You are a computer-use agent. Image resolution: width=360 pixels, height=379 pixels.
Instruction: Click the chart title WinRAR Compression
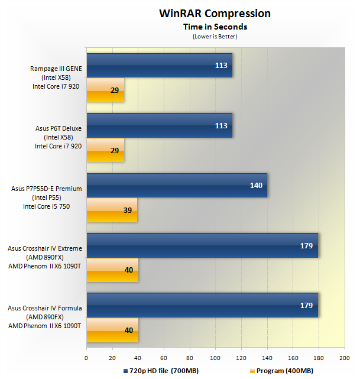(x=215, y=13)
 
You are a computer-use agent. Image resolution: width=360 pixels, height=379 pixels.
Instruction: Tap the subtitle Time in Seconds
(x=215, y=27)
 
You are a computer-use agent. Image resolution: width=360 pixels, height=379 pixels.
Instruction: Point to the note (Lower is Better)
(x=215, y=36)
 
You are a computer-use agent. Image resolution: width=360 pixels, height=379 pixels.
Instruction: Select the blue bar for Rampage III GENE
(x=159, y=66)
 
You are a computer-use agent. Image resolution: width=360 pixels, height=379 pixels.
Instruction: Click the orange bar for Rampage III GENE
(x=105, y=90)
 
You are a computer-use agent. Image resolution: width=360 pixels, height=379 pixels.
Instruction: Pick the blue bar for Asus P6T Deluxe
(x=159, y=125)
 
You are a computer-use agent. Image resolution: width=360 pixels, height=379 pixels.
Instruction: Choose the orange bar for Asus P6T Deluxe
(x=105, y=150)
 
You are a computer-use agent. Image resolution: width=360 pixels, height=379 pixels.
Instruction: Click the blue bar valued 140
(x=177, y=185)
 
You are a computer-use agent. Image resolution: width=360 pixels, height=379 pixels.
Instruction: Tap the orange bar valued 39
(x=112, y=210)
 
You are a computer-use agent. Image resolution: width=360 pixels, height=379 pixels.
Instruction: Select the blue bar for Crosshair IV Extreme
(x=202, y=245)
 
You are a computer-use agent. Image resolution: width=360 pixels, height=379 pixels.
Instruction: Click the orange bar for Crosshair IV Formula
(x=112, y=329)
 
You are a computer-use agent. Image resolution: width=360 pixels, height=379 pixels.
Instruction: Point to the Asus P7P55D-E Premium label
(x=46, y=189)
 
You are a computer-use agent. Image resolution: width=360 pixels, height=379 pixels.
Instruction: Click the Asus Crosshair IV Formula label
(x=45, y=309)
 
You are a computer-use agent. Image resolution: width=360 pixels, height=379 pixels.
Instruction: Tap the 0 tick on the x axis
(x=86, y=358)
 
